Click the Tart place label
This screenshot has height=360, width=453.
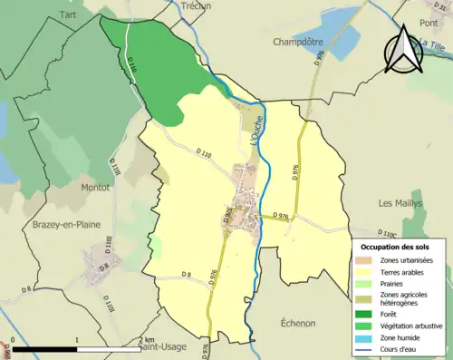67,15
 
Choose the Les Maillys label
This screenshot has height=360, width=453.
400,203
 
